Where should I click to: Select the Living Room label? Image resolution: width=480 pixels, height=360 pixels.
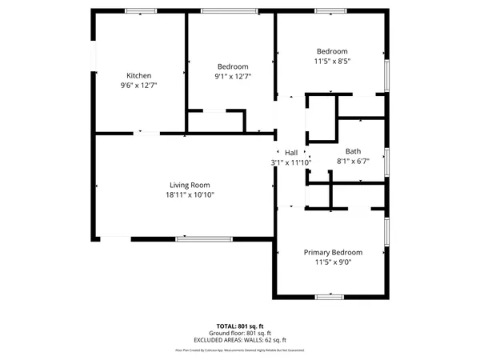point(190,184)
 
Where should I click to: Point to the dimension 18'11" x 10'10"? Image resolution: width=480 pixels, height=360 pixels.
point(190,194)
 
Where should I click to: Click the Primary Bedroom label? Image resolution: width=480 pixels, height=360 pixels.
point(334,252)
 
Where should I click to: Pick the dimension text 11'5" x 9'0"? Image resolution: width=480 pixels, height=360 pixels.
point(334,262)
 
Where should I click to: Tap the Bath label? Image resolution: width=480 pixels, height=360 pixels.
point(353,151)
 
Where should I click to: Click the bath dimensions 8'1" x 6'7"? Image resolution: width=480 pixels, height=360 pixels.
point(353,161)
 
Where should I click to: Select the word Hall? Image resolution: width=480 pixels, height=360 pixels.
point(291,153)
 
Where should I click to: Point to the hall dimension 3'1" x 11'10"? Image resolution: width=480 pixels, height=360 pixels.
point(290,162)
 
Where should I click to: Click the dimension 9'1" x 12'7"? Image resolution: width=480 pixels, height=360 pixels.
point(233,77)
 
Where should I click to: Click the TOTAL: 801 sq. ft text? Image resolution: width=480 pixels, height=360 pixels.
point(240,326)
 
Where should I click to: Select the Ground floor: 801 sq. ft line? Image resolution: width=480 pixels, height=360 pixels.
point(240,333)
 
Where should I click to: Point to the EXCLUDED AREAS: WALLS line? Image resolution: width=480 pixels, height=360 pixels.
point(240,340)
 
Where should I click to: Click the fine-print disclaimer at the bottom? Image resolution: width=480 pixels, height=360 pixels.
point(240,350)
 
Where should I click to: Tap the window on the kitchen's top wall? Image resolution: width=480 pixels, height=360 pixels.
point(140,10)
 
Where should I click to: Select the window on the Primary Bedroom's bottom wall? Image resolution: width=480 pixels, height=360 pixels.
point(329,296)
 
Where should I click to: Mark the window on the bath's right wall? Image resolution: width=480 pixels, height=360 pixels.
point(386,162)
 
